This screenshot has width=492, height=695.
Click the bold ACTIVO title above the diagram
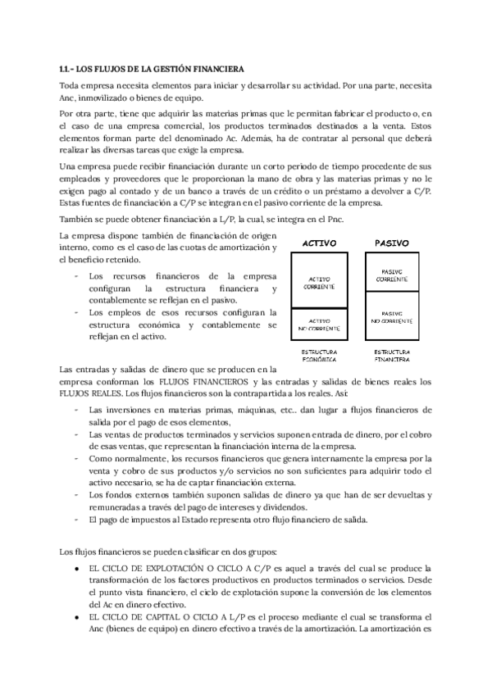click(321, 243)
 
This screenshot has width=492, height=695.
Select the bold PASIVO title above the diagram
click(391, 243)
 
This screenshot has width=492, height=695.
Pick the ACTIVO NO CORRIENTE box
click(320, 324)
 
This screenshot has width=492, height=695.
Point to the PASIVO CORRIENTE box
click(391, 276)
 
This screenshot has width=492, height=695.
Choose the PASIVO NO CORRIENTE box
click(391, 316)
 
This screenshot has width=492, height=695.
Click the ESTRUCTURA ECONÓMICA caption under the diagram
click(320, 356)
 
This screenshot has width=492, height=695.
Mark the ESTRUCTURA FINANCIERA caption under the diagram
click(392, 356)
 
